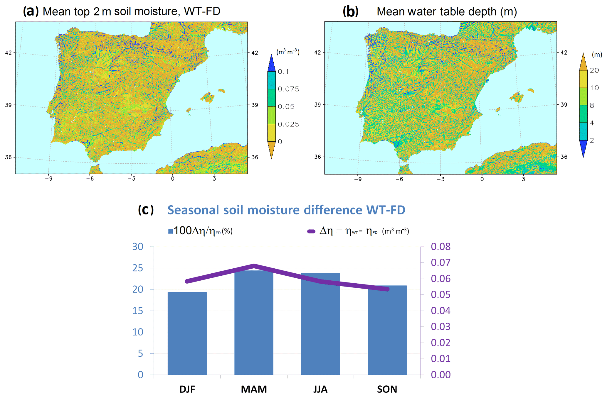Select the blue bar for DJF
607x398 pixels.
coord(187,333)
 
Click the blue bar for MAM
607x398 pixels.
coord(254,323)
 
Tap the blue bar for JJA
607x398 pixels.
coord(320,324)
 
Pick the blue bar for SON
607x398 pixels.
coord(387,330)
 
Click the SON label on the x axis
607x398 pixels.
coord(387,389)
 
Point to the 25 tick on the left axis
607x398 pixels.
coord(138,268)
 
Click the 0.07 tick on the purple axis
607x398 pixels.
coord(440,262)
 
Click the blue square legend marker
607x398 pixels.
coord(170,231)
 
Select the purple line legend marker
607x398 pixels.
coord(311,231)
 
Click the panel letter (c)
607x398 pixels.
coord(146,210)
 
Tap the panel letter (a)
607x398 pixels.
coord(31,11)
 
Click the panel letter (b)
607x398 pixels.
coord(350,11)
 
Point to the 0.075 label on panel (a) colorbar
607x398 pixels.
coord(288,89)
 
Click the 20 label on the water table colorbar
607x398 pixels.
coord(594,70)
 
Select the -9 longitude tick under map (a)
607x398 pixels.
coord(49,178)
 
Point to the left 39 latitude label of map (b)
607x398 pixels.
coord(317,105)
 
